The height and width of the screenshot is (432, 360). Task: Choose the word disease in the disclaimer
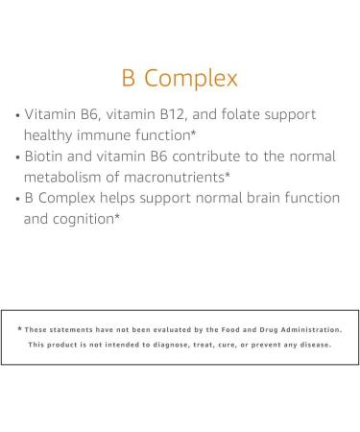coord(318,345)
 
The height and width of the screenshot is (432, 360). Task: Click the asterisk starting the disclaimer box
coord(19,329)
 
